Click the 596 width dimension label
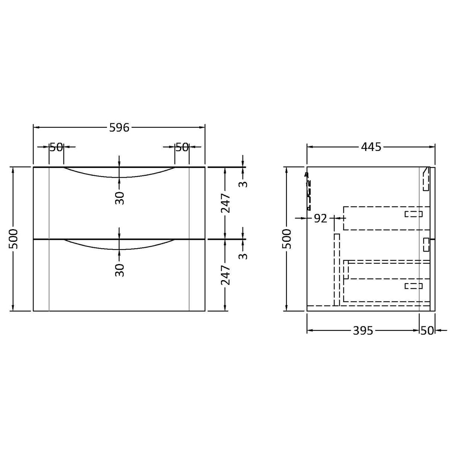[x=119, y=128]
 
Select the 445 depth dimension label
[x=371, y=147]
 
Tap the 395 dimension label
[x=362, y=330]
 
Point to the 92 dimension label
[x=320, y=218]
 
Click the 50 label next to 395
[x=427, y=330]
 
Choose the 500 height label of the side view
[x=286, y=239]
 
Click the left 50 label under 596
[x=56, y=147]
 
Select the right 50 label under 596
[x=182, y=147]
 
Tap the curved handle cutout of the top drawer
[x=119, y=174]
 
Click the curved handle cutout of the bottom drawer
[x=119, y=246]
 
